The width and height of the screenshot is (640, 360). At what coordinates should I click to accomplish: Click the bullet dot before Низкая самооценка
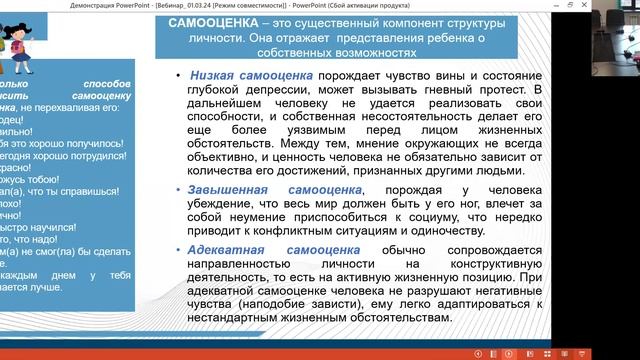(x=176, y=75)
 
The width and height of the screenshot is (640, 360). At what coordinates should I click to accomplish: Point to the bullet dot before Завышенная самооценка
(x=176, y=189)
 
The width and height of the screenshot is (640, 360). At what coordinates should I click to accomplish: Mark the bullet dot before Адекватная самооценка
(x=176, y=246)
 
